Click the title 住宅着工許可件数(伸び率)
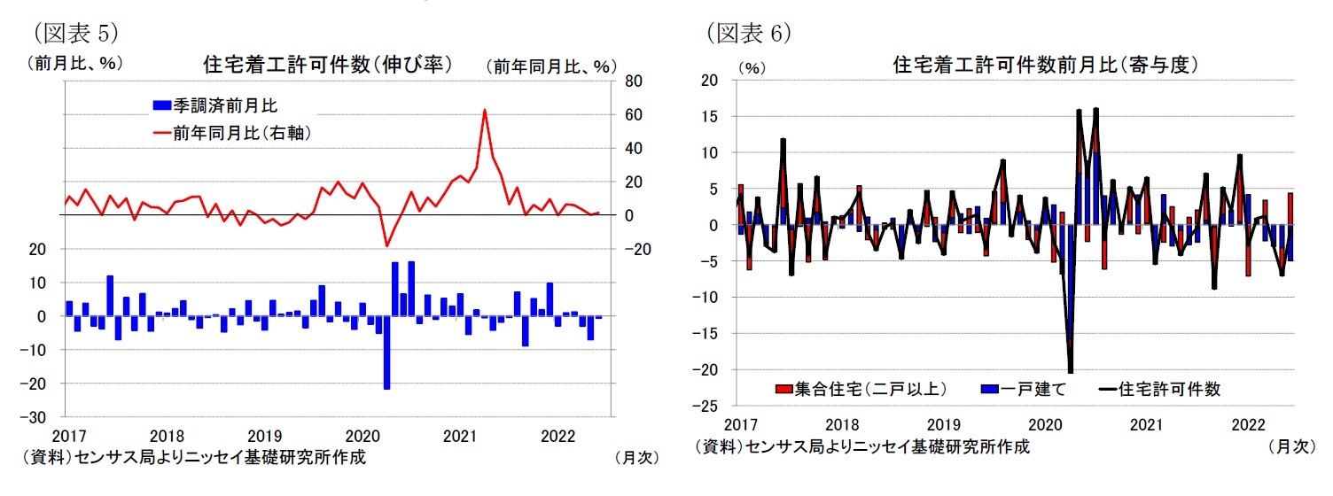pyautogui.click(x=327, y=65)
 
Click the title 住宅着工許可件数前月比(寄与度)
pyautogui.click(x=1046, y=65)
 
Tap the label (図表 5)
pyautogui.click(x=75, y=34)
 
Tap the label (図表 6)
pyautogui.click(x=748, y=34)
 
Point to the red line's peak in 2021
pyautogui.click(x=484, y=111)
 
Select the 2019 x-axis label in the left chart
pyautogui.click(x=264, y=437)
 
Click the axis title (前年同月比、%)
pyautogui.click(x=550, y=66)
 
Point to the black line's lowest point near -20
pyautogui.click(x=1071, y=372)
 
